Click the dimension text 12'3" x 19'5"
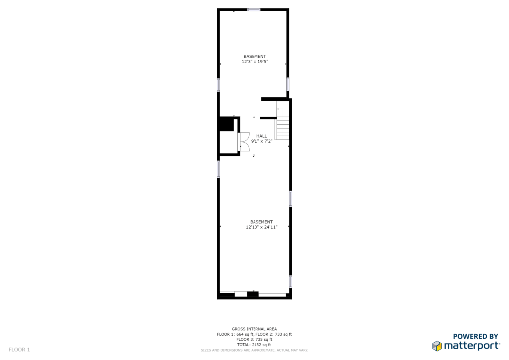pos(255,61)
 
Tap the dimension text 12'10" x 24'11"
pos(261,227)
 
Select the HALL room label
pos(261,136)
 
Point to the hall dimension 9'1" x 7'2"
pos(261,141)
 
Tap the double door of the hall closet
pos(244,142)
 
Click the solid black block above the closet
pos(227,124)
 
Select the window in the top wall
pos(254,10)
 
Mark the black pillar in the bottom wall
pos(253,294)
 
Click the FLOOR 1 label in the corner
pos(19,350)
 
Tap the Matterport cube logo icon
pos(437,346)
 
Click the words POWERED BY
pos(476,336)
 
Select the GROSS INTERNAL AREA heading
pos(254,329)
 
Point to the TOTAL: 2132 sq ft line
pos(254,345)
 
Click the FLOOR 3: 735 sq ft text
pos(254,340)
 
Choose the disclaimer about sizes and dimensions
pos(254,350)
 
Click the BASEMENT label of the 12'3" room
pos(255,57)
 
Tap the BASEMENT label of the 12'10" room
pos(261,222)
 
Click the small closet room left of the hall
pos(229,142)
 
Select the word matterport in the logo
pos(472,346)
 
